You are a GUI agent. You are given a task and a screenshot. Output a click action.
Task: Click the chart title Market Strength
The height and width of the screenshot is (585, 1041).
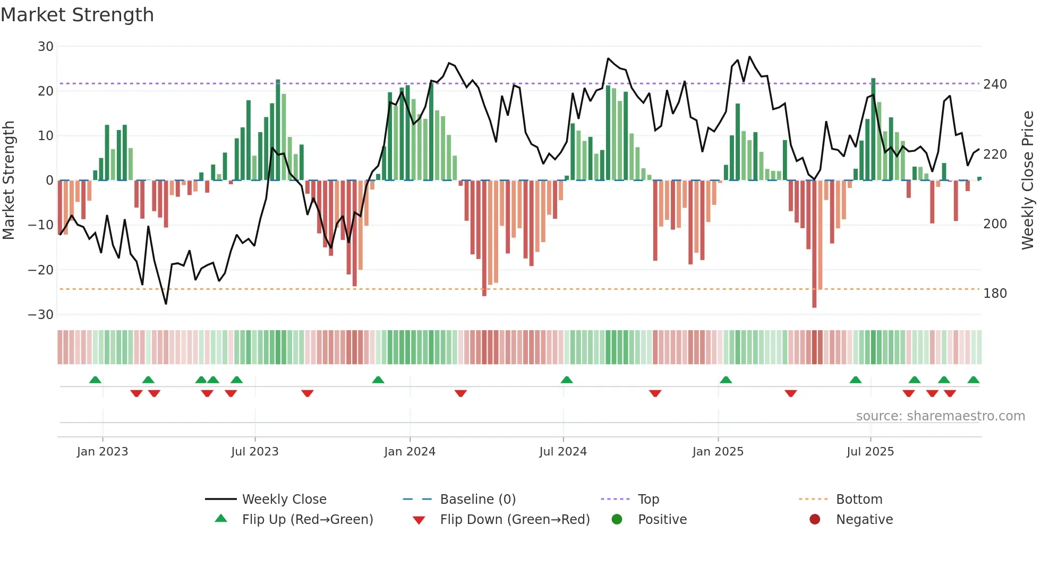tap(77, 15)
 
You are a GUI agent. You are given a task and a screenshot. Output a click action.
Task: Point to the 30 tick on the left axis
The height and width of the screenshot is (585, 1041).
tap(45, 47)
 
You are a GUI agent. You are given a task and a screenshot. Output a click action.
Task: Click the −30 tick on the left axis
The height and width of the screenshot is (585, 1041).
tap(41, 315)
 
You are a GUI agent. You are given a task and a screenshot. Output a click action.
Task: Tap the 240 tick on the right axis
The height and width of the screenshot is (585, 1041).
tap(995, 84)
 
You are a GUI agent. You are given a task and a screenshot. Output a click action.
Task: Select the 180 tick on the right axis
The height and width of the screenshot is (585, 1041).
tap(995, 294)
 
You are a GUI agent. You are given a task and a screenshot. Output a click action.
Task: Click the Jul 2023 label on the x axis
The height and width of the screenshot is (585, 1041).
tap(254, 452)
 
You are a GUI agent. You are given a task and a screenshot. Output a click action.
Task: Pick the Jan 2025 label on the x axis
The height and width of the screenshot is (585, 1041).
tap(718, 452)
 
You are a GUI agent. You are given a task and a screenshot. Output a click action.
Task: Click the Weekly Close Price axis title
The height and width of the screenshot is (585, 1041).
tap(1028, 180)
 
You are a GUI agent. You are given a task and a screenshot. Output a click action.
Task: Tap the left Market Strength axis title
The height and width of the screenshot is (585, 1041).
tap(8, 180)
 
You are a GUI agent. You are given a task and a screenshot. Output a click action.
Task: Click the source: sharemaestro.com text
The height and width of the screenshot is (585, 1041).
tap(940, 416)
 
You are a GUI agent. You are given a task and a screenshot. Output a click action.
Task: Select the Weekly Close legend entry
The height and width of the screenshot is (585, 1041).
tap(284, 500)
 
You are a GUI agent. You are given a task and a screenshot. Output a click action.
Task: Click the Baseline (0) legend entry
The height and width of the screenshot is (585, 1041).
tap(477, 500)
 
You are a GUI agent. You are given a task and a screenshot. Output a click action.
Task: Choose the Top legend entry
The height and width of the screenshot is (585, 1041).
tap(648, 500)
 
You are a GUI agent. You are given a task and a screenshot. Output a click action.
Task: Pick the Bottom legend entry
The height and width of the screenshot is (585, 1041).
tap(859, 500)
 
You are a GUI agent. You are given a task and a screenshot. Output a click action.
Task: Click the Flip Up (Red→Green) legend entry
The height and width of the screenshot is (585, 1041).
tap(308, 520)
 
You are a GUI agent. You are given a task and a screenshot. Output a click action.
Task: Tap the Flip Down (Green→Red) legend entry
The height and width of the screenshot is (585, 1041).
tap(515, 520)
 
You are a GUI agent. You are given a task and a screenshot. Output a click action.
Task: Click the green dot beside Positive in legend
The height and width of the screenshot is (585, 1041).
tap(617, 519)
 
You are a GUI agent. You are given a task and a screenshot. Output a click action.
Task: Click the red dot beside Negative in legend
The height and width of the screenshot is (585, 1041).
tap(815, 519)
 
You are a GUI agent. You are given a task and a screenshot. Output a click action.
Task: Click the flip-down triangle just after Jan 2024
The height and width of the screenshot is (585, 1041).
tap(460, 393)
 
